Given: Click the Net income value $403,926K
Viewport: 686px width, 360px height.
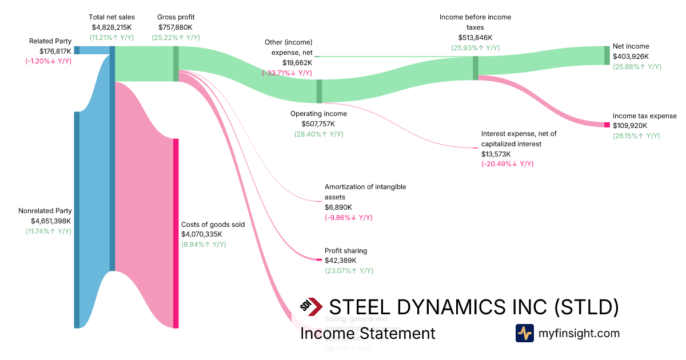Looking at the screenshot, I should [631, 57].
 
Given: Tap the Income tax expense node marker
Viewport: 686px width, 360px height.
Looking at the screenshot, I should [607, 125].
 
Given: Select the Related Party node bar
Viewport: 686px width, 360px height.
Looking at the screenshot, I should [77, 50].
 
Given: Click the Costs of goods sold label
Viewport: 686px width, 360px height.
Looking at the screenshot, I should [213, 225].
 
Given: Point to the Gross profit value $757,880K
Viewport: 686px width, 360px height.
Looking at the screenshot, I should [176, 27].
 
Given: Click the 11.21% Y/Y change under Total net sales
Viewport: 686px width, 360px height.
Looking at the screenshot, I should [113, 38].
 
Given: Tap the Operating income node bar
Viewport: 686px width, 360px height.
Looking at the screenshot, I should [319, 91].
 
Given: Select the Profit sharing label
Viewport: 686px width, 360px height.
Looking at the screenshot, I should [346, 250].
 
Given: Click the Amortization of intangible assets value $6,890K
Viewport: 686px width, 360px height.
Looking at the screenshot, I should [338, 207].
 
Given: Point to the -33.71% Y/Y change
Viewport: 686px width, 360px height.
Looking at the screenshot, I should [287, 73].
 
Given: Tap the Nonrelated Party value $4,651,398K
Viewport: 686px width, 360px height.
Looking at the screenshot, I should [51, 221].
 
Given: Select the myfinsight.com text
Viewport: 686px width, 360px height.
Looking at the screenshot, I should [579, 333].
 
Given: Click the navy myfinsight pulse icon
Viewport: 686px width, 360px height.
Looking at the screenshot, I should [524, 333].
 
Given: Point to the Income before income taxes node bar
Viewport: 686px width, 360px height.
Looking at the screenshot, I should [475, 68].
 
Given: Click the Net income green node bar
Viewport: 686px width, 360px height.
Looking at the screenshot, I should [607, 55].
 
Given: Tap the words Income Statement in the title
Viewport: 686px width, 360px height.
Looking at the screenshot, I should [368, 334].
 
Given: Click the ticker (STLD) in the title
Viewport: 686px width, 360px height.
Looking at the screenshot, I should [587, 307].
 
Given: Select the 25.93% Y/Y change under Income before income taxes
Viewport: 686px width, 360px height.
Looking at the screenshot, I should [475, 48].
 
